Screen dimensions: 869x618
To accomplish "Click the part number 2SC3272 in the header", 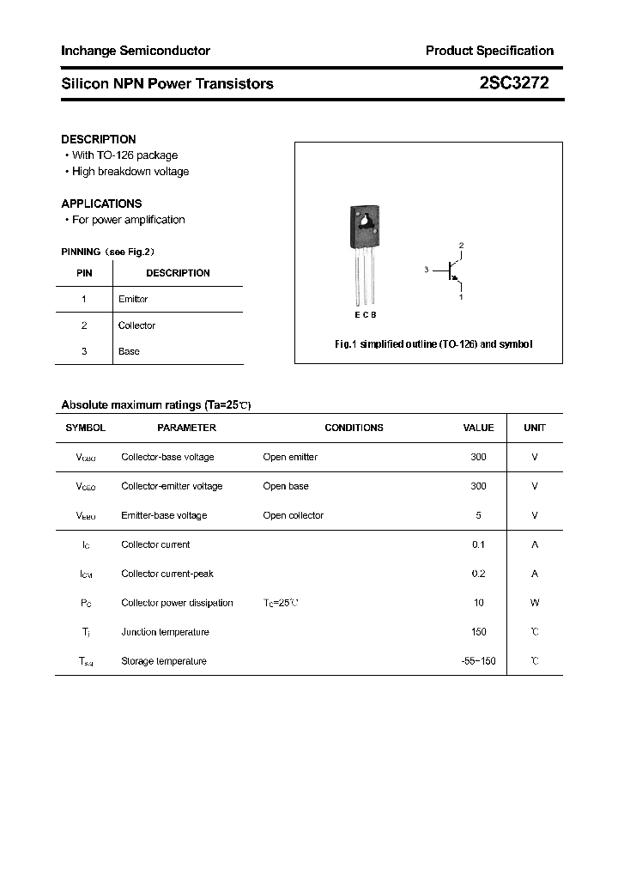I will point(514,83).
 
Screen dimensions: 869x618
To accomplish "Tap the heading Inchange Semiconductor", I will point(136,51).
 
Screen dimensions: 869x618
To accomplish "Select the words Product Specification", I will point(489,51).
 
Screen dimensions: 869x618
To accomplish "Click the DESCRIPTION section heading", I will point(99,139).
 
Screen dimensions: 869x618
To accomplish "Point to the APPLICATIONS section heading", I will point(101,204).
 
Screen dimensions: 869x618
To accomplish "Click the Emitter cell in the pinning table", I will point(133,299).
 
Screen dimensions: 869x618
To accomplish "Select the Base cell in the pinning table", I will point(129,351).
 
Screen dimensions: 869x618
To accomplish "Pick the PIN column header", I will point(84,273).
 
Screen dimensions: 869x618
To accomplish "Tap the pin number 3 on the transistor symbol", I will point(427,270).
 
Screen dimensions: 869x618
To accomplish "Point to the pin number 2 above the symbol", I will point(461,246).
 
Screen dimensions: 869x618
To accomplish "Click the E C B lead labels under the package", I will point(365,315).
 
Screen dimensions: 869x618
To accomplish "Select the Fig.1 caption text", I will point(433,343).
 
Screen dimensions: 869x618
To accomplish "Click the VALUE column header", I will point(478,428).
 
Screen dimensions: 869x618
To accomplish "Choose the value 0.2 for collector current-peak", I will point(478,574).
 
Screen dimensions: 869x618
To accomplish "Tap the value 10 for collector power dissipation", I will point(478,603).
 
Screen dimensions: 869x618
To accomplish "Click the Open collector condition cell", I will point(293,515).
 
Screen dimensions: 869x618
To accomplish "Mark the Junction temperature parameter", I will point(165,632).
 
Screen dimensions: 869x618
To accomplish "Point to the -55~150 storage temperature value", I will point(478,661).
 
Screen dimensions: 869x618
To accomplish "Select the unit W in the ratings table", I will point(535,603).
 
